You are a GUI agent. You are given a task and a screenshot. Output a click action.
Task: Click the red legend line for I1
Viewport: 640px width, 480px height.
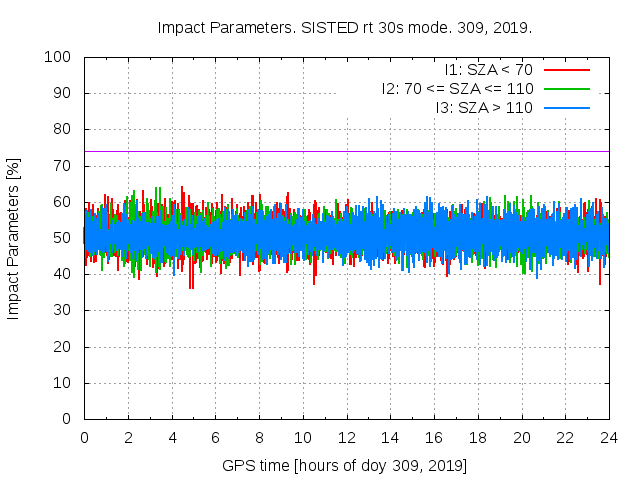point(565,70)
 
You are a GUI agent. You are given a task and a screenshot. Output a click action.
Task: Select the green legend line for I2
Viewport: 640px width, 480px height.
point(565,88)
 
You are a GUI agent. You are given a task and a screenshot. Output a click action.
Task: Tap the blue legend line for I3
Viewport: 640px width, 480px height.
point(565,107)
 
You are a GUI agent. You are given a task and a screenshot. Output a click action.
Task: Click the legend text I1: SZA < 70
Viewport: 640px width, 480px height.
point(488,70)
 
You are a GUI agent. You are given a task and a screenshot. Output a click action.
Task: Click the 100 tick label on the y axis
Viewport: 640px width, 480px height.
point(61,57)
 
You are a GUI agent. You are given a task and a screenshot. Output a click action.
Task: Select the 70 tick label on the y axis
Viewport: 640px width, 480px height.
point(65,166)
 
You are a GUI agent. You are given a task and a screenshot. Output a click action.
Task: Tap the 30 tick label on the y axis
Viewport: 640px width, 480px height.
point(65,310)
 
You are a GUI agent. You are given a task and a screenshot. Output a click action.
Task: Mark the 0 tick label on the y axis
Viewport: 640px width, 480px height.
point(69,419)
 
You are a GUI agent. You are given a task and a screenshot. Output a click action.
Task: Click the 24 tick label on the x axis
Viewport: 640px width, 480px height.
point(608,437)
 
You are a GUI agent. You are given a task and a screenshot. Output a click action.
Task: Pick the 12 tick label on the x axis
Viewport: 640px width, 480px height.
point(346,437)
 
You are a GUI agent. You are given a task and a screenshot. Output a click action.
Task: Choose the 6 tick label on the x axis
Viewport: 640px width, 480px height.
point(215,437)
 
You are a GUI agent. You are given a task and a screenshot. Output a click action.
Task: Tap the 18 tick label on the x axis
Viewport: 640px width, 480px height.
point(477,437)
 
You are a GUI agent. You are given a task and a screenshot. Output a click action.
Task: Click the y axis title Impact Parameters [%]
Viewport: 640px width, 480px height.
point(14,238)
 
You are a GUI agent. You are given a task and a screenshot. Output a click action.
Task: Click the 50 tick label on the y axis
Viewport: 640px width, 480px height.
point(65,238)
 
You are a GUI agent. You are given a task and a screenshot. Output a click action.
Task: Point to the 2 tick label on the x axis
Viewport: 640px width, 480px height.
point(128,437)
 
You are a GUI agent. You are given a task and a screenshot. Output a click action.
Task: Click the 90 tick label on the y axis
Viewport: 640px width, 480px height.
point(65,93)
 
